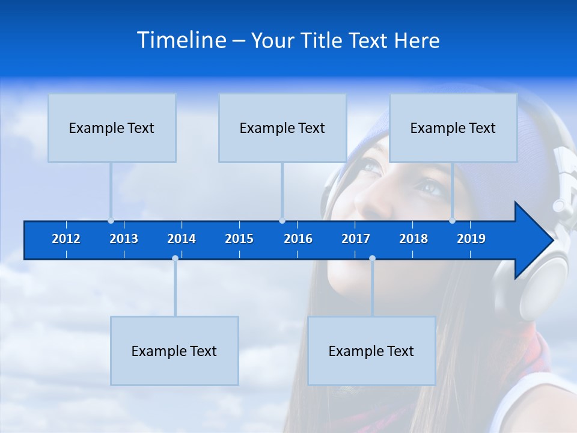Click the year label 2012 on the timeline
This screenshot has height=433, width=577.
66,239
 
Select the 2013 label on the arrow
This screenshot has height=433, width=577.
124,239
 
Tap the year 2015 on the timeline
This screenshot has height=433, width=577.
239,239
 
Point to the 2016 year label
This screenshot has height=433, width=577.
298,239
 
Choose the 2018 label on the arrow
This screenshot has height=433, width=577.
414,239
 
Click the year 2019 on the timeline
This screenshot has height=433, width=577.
471,239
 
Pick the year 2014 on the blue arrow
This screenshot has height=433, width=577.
182,239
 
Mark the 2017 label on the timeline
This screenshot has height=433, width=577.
356,239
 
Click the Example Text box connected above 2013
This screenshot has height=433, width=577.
112,127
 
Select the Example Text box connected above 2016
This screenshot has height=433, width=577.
282,127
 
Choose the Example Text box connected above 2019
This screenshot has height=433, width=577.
453,127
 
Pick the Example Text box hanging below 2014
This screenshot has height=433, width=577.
174,351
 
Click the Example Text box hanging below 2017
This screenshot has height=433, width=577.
371,351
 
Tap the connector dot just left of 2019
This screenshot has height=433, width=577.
453,221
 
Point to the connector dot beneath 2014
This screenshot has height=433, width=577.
175,259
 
